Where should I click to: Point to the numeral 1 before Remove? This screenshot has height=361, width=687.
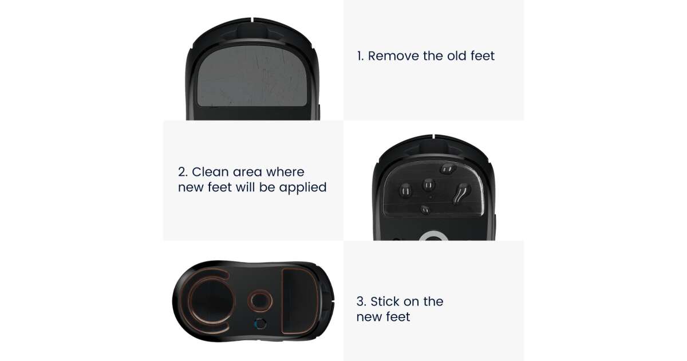[360, 56]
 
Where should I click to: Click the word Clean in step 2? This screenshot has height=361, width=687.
[210, 172]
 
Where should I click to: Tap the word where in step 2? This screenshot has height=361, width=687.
[285, 172]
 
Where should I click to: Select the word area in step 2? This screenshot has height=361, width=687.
[247, 172]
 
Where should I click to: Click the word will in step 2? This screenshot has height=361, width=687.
[245, 187]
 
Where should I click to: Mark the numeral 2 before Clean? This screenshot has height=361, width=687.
[183, 172]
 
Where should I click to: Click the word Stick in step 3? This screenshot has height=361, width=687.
[385, 301]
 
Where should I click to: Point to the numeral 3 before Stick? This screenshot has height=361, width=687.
[361, 301]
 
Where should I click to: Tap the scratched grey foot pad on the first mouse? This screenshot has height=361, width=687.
[252, 76]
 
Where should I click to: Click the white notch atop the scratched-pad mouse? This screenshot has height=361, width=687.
[252, 19]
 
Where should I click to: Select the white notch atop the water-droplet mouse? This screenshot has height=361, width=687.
[432, 136]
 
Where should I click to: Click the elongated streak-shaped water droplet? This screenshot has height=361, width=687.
[461, 194]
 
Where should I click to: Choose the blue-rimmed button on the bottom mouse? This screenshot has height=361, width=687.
[260, 324]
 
